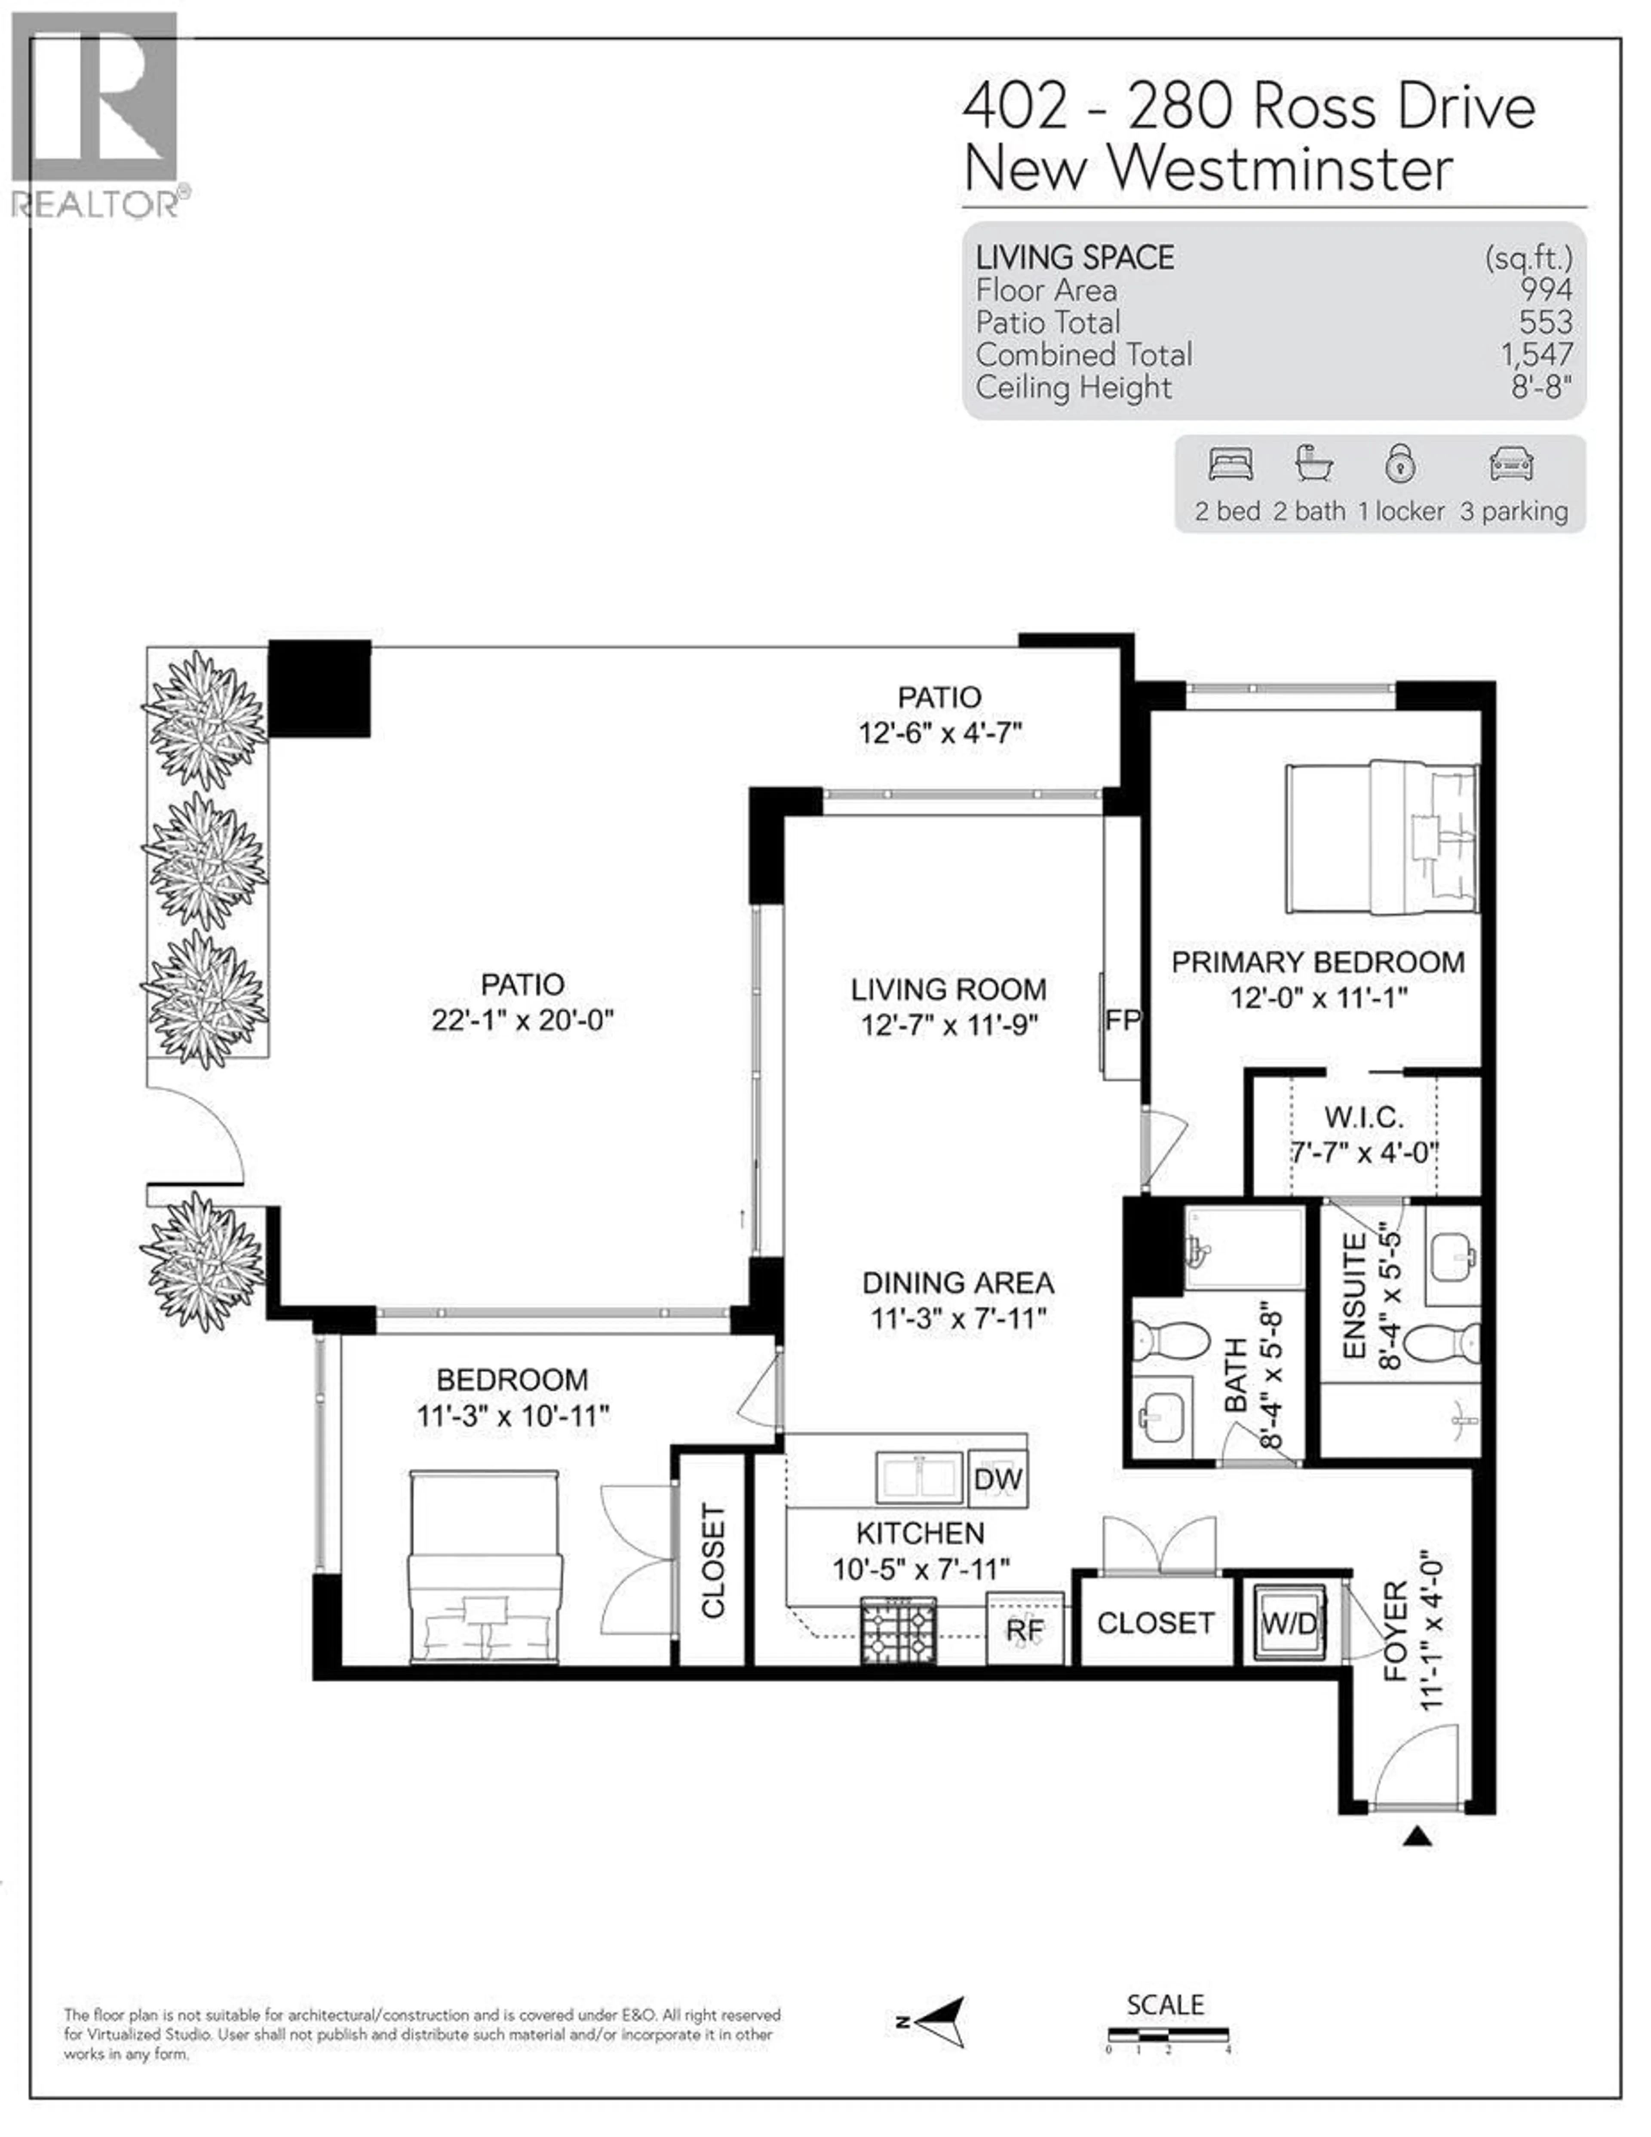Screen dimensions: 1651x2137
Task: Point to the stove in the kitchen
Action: (x=899, y=1629)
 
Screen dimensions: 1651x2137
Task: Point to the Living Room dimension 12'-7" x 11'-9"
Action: (x=948, y=1025)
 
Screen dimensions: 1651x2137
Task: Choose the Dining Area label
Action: (x=958, y=1283)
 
